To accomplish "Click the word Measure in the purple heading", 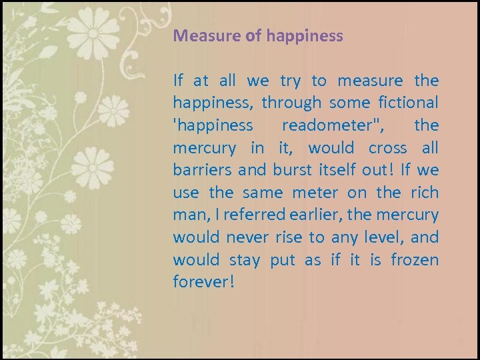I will coord(200,36).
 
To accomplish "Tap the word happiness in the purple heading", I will coord(305,36).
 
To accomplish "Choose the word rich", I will coord(425,193).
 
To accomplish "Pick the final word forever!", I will coord(203,282).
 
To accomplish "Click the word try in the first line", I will coord(290,81).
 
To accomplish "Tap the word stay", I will coord(245,259).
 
